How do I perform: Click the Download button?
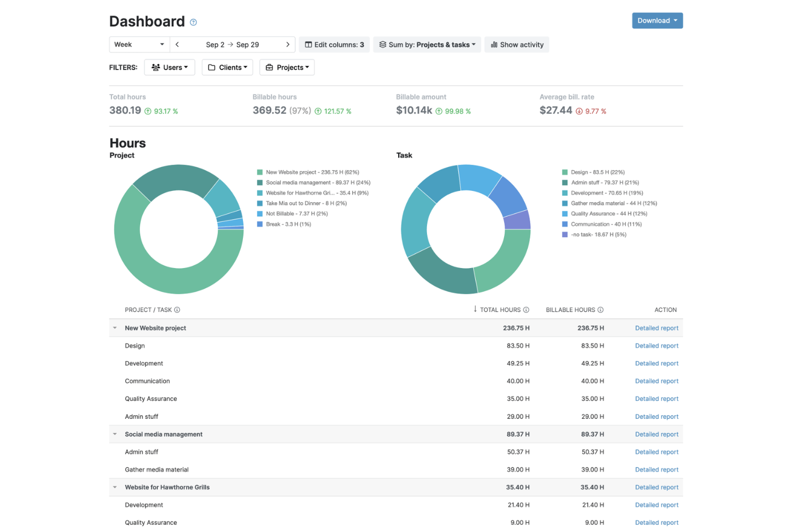pyautogui.click(x=657, y=20)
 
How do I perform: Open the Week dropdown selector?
pyautogui.click(x=139, y=44)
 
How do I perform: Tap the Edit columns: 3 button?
pyautogui.click(x=334, y=44)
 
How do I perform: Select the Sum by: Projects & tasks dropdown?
pyautogui.click(x=427, y=44)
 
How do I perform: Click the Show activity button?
pyautogui.click(x=516, y=44)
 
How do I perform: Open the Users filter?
pyautogui.click(x=169, y=67)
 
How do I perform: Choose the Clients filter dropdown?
pyautogui.click(x=227, y=67)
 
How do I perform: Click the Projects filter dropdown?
pyautogui.click(x=287, y=67)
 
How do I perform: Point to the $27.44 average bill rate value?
pyautogui.click(x=555, y=110)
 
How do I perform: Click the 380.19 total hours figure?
pyautogui.click(x=125, y=110)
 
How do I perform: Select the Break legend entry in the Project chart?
pyautogui.click(x=284, y=224)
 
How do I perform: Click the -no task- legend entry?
pyautogui.click(x=595, y=234)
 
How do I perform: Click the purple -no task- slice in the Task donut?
pyautogui.click(x=516, y=221)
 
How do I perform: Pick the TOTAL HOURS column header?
pyautogui.click(x=500, y=310)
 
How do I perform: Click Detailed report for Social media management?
pyautogui.click(x=657, y=434)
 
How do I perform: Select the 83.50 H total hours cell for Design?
pyautogui.click(x=518, y=346)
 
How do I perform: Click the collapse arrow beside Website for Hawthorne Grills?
pyautogui.click(x=115, y=487)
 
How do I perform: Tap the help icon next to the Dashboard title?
pyautogui.click(x=193, y=22)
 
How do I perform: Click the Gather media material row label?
pyautogui.click(x=157, y=469)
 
